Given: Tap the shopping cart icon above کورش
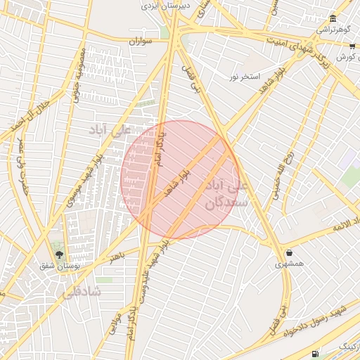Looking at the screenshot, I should pyautogui.click(x=352, y=46).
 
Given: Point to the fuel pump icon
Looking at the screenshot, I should pyautogui.click(x=314, y=353).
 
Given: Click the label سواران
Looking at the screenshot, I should pyautogui.click(x=141, y=42).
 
